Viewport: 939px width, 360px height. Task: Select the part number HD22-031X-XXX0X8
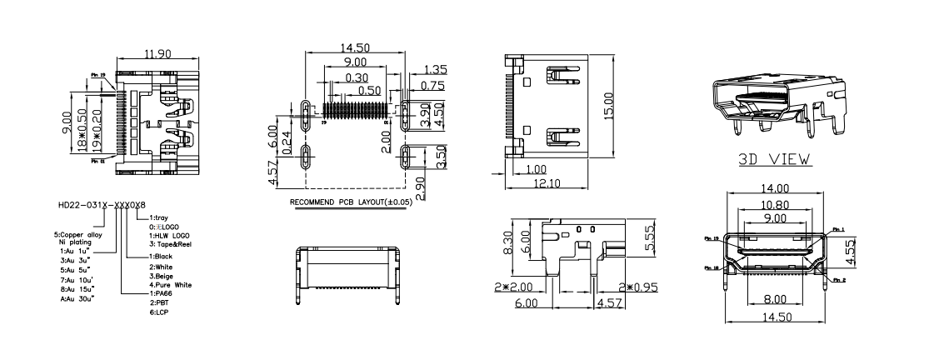(x=102, y=204)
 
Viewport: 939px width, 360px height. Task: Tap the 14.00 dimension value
(x=775, y=190)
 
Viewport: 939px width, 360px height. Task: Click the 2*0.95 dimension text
(x=633, y=287)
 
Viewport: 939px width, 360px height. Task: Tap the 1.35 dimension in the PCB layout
(x=437, y=70)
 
